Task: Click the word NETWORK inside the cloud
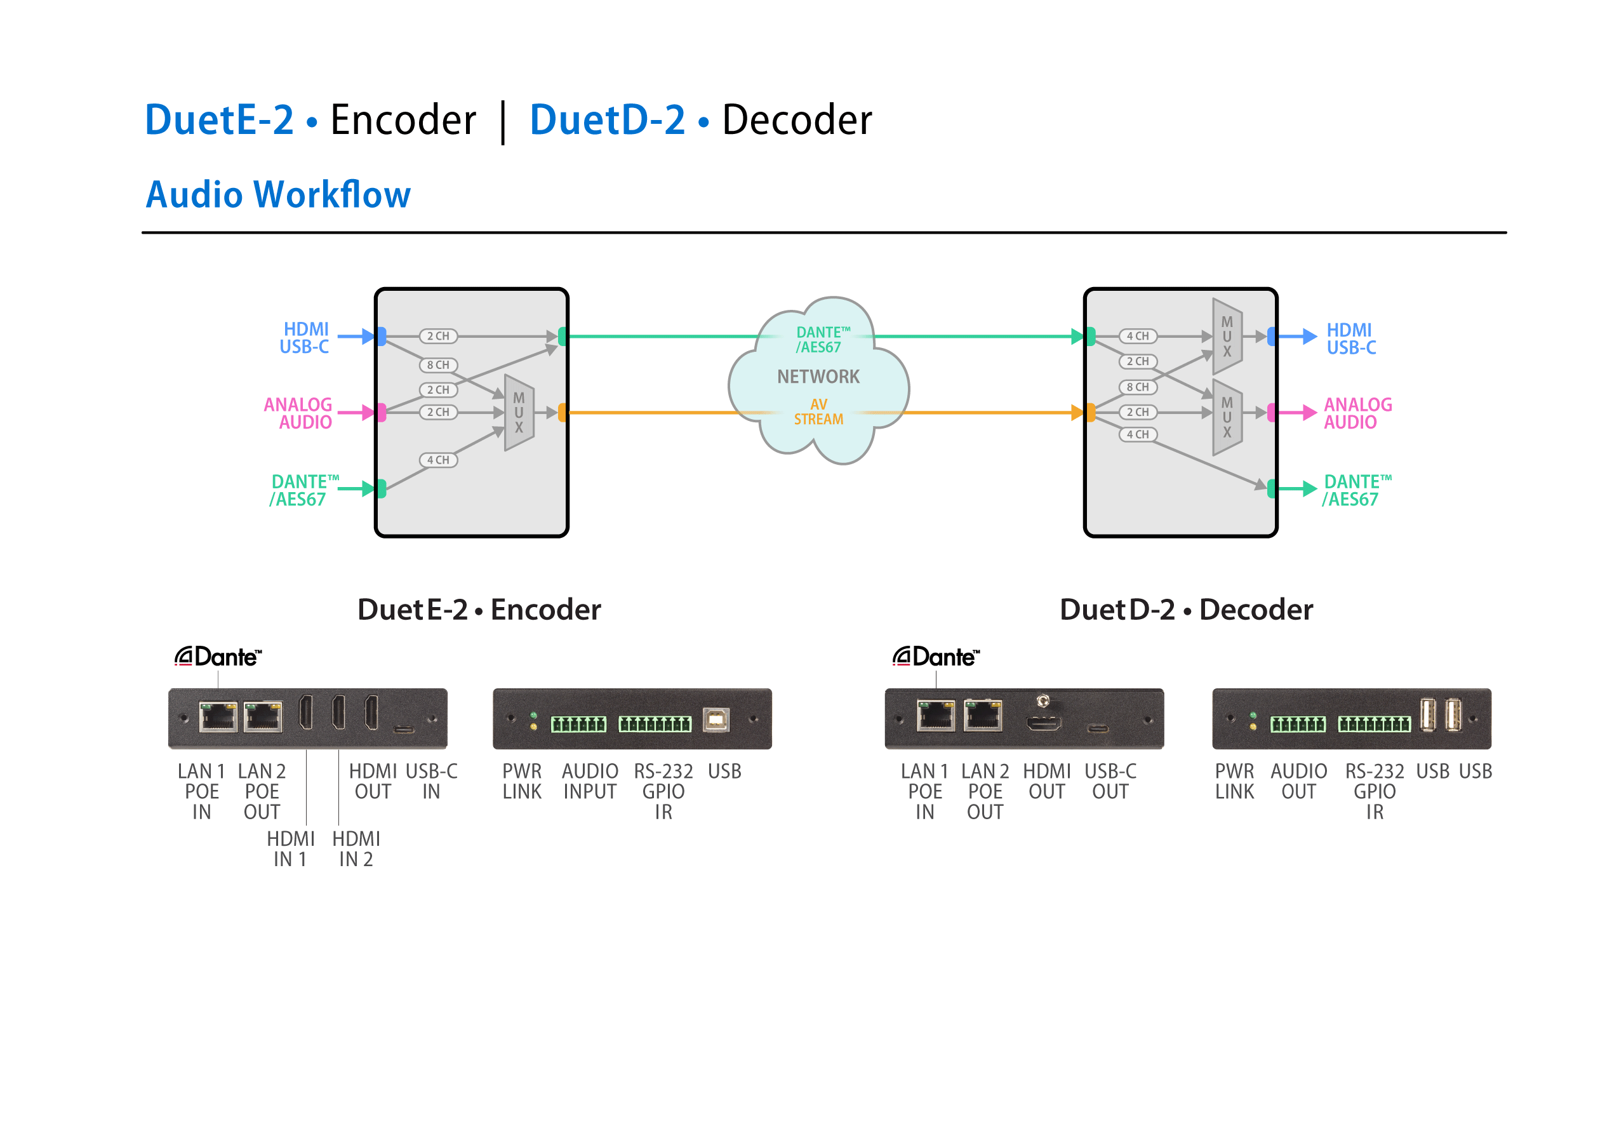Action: coord(818,377)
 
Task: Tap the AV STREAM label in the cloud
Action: coord(818,411)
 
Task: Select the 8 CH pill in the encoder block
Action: coord(438,364)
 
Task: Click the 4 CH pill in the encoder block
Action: coord(438,460)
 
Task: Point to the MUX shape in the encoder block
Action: coord(519,413)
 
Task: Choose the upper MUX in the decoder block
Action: coord(1227,337)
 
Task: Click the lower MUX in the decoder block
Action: coord(1227,417)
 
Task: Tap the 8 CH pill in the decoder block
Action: coord(1137,387)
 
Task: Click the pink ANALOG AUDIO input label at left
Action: coord(298,413)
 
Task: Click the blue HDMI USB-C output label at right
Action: coord(1350,338)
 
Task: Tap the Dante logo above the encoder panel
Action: coord(218,657)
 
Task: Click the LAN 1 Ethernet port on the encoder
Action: coord(218,716)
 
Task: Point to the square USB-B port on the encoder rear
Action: coord(716,720)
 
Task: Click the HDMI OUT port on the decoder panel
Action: coord(1043,723)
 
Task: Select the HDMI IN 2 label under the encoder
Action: coord(356,848)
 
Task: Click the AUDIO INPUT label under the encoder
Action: coord(589,781)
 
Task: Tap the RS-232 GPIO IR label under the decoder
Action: coord(1374,791)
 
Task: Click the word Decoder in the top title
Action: coord(797,120)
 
